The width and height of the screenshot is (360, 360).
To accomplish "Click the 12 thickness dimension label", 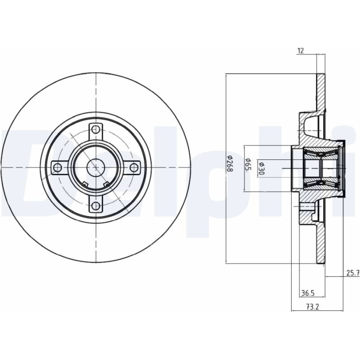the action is click(x=301, y=51).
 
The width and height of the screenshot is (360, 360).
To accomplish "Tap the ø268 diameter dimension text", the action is click(x=229, y=164).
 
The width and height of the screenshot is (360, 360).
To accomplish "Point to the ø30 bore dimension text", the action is click(x=261, y=168).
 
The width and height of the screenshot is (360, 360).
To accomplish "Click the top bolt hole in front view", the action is click(x=95, y=130).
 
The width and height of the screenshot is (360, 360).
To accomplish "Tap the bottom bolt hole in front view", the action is click(x=95, y=206).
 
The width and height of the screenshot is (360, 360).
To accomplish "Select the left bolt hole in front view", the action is click(x=57, y=168).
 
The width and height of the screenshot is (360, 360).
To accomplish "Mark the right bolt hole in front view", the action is click(x=133, y=168).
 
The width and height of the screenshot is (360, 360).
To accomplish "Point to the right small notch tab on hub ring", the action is click(x=106, y=184).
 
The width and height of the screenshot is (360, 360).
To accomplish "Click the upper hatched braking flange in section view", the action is click(x=321, y=92).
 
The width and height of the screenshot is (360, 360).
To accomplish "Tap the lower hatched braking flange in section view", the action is click(x=321, y=243).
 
